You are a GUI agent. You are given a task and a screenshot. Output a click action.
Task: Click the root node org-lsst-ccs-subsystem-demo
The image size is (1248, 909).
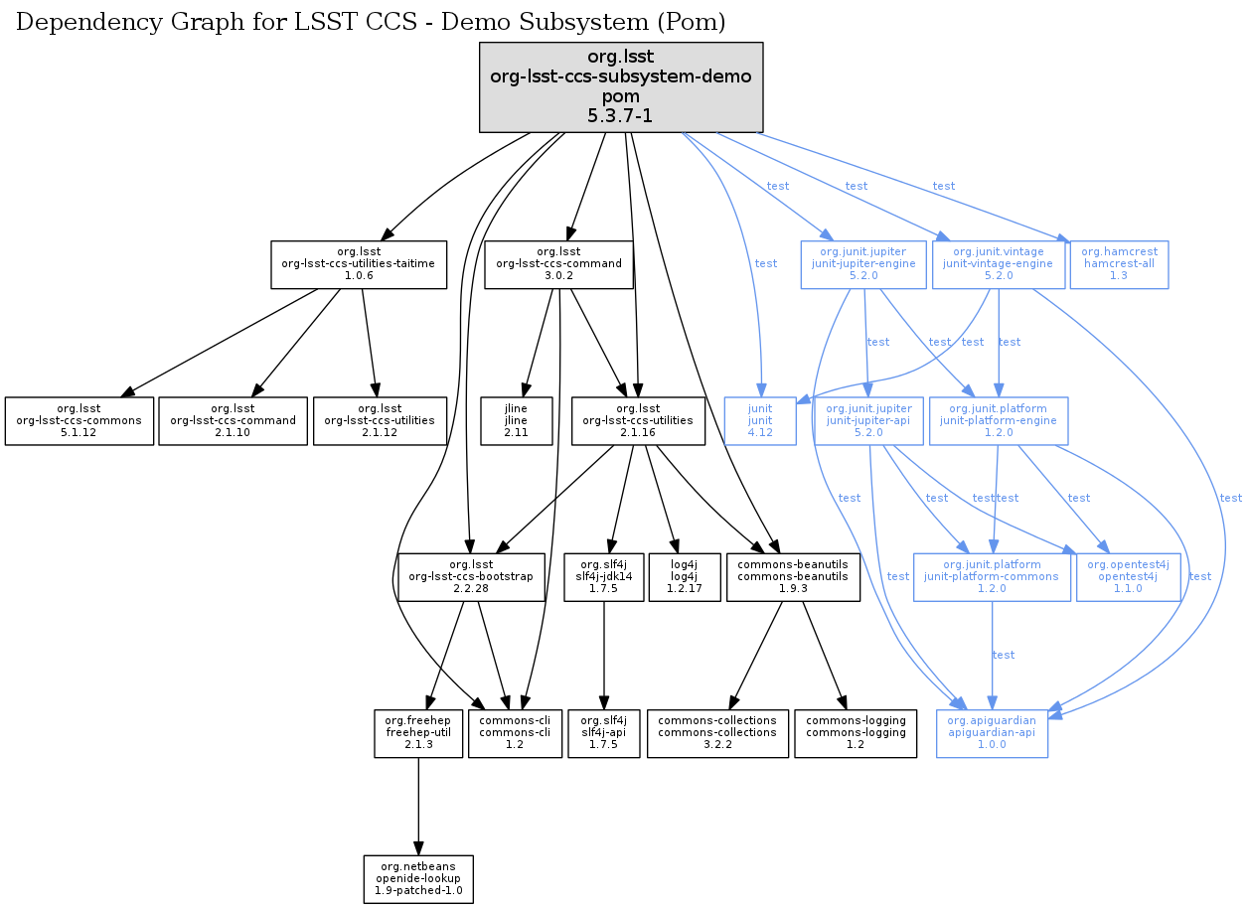(621, 87)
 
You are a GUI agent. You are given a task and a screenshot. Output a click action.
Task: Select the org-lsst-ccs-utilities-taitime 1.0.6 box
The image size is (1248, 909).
(359, 264)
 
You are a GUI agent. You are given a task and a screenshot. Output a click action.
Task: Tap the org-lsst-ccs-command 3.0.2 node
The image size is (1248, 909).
(558, 264)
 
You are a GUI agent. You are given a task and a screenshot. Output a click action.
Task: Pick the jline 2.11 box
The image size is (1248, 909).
(516, 421)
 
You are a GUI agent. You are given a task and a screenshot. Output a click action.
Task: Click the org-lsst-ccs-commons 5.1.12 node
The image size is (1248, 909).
(78, 421)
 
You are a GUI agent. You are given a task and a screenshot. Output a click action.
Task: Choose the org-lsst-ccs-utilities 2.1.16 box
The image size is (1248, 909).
(639, 421)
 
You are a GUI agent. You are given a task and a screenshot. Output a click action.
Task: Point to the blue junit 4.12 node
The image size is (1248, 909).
(760, 421)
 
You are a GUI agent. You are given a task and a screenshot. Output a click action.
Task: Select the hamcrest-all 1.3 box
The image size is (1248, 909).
(1119, 264)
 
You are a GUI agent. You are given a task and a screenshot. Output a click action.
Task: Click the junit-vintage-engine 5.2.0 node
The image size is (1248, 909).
(998, 264)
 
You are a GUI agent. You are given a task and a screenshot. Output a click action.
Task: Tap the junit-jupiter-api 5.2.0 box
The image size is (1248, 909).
(869, 421)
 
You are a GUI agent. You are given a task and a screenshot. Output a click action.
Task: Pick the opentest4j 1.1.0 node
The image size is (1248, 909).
(1128, 577)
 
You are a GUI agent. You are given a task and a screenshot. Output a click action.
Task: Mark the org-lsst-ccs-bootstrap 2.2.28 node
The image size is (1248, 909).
(472, 577)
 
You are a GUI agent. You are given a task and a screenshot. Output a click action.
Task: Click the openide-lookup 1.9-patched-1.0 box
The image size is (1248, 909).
(417, 879)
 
